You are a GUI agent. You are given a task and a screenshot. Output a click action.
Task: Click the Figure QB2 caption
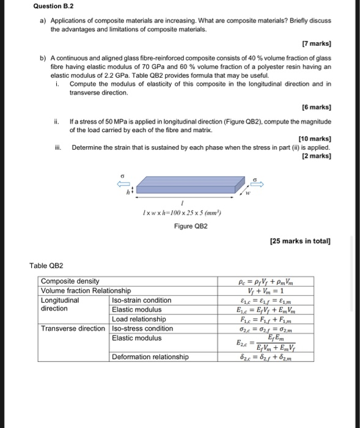[x=191, y=226]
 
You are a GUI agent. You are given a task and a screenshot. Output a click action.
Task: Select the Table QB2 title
[x=46, y=265]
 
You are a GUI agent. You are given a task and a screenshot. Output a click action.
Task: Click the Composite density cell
[x=70, y=281]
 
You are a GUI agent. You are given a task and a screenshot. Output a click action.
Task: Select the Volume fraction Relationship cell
[x=86, y=290]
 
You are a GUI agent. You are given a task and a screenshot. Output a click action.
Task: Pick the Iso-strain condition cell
[x=141, y=300]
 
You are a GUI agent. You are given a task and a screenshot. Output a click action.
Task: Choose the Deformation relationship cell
[x=150, y=356]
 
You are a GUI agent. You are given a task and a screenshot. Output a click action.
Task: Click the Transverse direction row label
[x=73, y=328]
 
